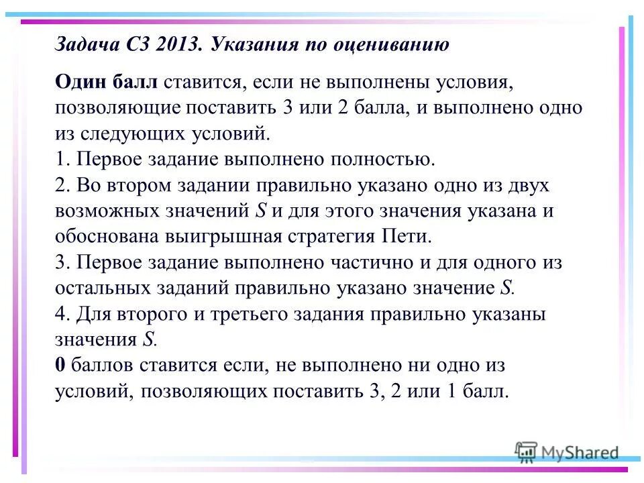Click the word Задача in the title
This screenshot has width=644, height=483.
(x=85, y=45)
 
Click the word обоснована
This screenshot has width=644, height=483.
(x=107, y=237)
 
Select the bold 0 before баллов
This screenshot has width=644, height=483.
(x=60, y=366)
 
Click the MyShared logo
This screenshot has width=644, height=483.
(x=566, y=452)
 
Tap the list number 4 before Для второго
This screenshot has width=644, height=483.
(x=61, y=314)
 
